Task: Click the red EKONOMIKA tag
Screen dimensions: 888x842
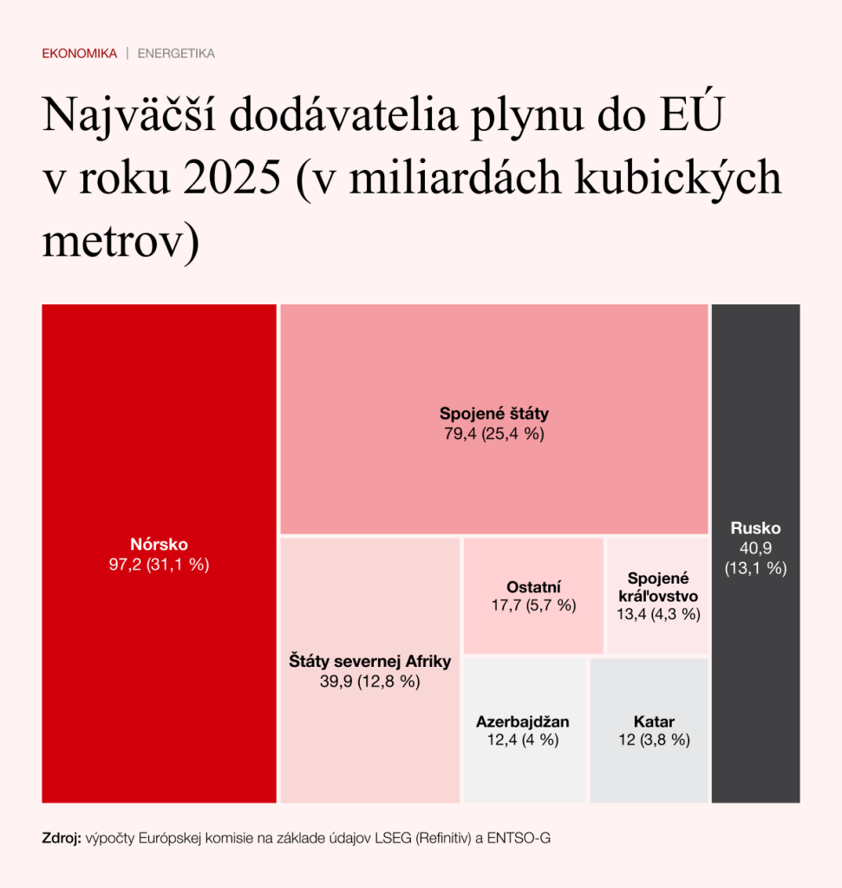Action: point(79,54)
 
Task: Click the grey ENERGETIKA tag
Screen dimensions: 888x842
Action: point(176,54)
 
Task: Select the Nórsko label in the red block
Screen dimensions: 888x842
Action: point(159,545)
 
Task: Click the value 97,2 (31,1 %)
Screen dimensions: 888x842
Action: point(159,565)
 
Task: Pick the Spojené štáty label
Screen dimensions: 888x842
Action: point(493,414)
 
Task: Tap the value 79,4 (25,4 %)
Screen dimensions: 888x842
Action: point(493,434)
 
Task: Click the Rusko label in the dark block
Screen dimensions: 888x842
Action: point(755,528)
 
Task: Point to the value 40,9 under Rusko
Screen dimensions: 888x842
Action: point(755,548)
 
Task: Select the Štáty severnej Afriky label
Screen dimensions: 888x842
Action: point(369,662)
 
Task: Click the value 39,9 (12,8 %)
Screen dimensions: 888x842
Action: point(369,682)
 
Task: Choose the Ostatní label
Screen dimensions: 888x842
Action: point(533,586)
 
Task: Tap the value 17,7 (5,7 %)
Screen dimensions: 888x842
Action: point(533,605)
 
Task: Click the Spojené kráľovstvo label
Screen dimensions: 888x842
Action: point(657,587)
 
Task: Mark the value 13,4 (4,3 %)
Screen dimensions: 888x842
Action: point(657,615)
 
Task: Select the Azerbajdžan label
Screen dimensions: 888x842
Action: point(523,721)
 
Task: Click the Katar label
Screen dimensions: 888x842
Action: point(654,721)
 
